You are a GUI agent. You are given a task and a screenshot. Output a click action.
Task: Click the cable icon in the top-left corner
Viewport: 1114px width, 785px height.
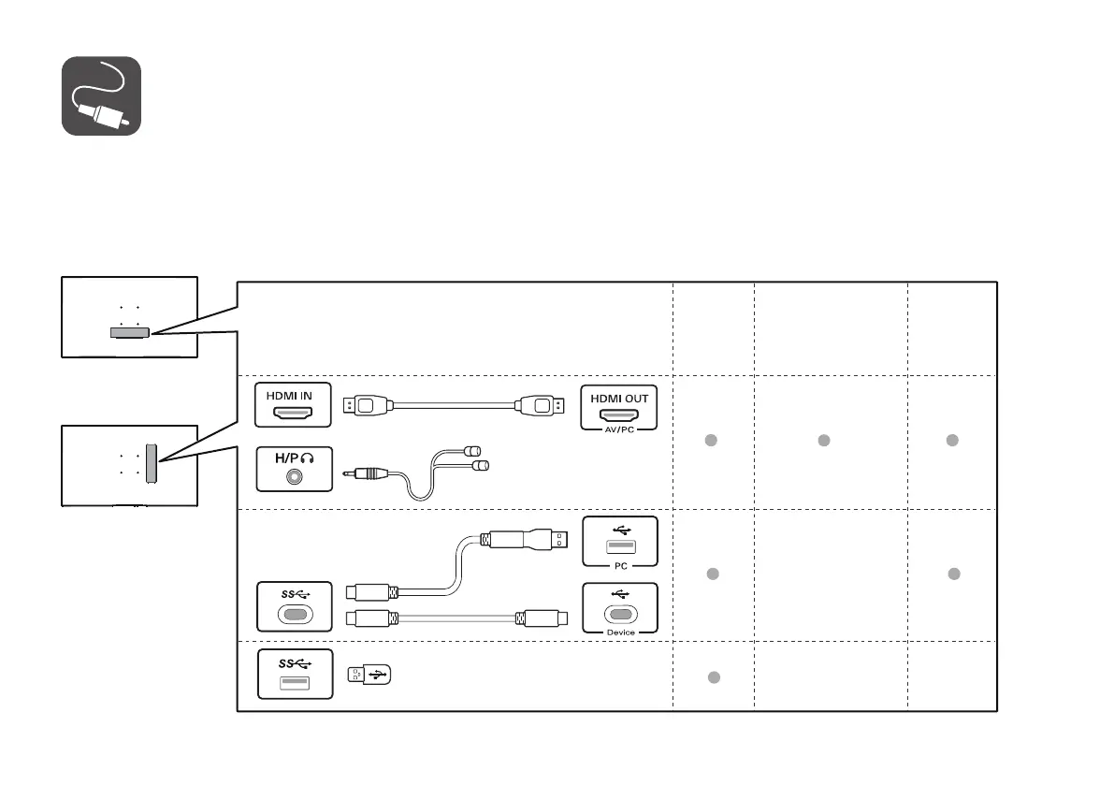pos(101,95)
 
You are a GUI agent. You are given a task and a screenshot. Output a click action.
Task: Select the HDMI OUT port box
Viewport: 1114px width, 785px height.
pos(618,408)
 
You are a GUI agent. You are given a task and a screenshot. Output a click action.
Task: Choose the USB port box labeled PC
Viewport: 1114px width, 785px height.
pos(620,542)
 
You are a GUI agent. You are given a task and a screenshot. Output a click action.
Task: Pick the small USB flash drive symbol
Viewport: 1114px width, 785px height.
pos(369,675)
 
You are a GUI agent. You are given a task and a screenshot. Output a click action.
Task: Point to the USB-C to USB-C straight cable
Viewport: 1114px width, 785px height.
pos(453,618)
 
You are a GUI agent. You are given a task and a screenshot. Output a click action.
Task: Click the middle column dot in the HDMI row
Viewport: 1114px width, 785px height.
pos(824,440)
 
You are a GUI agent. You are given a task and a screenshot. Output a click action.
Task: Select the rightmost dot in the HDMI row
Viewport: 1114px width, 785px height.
pos(952,440)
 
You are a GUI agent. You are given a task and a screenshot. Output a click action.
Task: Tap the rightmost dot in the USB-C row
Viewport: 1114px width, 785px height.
pos(954,574)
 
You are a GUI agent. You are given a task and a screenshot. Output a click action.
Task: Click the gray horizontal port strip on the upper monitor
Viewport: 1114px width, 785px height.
pos(128,331)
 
